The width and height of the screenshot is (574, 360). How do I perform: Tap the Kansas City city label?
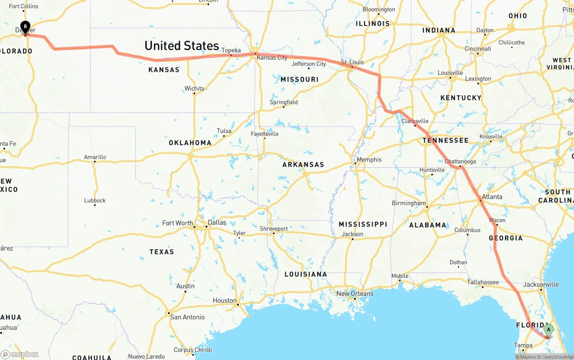pyautogui.click(x=272, y=58)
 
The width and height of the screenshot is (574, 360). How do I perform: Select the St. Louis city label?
pyautogui.click(x=352, y=62)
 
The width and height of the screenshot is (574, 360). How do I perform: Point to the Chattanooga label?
pyautogui.click(x=460, y=161)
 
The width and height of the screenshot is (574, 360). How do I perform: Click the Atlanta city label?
pyautogui.click(x=492, y=196)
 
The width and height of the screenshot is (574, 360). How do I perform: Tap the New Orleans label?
pyautogui.click(x=355, y=294)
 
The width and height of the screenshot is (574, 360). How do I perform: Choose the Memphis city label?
pyautogui.click(x=369, y=160)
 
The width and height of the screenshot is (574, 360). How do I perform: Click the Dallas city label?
pyautogui.click(x=217, y=222)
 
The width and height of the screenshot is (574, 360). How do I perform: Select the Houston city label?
pyautogui.click(x=224, y=300)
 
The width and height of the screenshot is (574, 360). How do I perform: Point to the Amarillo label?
pyautogui.click(x=95, y=157)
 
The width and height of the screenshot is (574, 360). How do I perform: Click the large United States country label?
pyautogui.click(x=182, y=46)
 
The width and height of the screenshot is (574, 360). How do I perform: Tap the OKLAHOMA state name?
pyautogui.click(x=190, y=143)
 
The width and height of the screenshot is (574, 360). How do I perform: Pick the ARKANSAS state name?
pyautogui.click(x=303, y=165)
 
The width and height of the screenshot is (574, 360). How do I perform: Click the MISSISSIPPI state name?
pyautogui.click(x=363, y=224)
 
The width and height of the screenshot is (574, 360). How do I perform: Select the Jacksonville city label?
pyautogui.click(x=541, y=284)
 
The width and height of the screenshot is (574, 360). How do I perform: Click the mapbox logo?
pyautogui.click(x=20, y=354)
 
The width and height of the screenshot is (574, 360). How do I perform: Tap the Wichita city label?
pyautogui.click(x=194, y=88)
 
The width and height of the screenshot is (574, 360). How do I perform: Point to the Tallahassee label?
pyautogui.click(x=483, y=282)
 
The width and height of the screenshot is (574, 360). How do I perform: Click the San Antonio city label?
pyautogui.click(x=187, y=317)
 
